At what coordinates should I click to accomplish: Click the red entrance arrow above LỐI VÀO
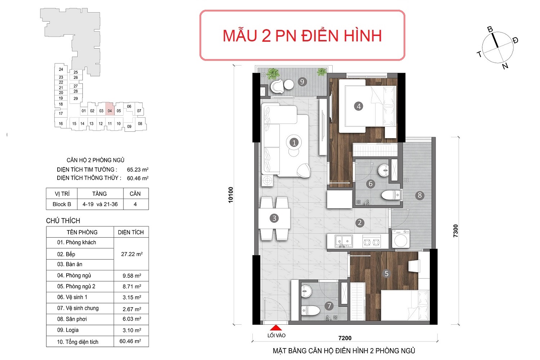point(276,328)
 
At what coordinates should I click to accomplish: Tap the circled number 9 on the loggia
point(302,82)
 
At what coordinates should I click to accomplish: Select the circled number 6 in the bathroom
point(370,184)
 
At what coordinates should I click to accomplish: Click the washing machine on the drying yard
point(401,239)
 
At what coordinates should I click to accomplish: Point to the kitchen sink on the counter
point(344,241)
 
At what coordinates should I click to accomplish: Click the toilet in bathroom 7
point(311,310)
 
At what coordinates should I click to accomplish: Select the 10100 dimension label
point(231,195)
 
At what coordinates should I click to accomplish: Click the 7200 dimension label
point(345,338)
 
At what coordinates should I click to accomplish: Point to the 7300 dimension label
point(455,231)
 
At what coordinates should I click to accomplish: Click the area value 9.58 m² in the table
point(132,276)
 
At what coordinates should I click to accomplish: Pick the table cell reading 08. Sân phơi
point(72,319)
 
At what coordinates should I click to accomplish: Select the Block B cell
point(62,204)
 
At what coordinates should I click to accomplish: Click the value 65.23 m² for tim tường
point(138,170)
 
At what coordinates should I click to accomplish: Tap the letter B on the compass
point(490,30)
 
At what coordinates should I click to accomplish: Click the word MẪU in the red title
point(240,36)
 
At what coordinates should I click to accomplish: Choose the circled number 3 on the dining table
point(274,218)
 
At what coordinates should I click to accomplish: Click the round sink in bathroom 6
point(383,170)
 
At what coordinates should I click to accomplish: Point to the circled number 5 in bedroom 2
point(386,274)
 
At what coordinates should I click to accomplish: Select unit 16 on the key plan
point(61,123)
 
